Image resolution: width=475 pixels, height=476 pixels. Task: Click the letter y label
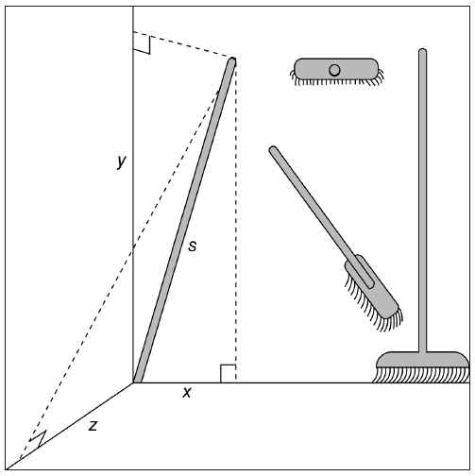point(121,161)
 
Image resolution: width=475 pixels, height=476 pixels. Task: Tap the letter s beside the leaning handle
point(192,246)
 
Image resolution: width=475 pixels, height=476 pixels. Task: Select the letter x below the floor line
point(187,392)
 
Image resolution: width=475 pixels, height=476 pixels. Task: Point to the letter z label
point(93,426)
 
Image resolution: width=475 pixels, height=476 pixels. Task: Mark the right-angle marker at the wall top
point(142,45)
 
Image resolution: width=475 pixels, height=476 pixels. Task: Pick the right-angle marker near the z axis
point(38,438)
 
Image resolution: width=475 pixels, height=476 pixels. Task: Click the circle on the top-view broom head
point(334,70)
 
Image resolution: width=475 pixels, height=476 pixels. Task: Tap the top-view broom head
point(336,72)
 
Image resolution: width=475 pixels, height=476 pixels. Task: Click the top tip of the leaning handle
point(232,59)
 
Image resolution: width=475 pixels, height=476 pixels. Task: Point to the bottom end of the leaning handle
point(138,382)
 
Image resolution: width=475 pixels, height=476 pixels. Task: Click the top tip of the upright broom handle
point(422,50)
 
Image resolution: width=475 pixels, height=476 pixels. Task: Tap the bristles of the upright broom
point(421,375)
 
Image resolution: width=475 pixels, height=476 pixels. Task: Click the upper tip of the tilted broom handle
point(273,148)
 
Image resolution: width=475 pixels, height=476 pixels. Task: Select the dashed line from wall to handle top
point(182,44)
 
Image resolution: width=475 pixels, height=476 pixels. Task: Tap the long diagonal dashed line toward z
point(119,275)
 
